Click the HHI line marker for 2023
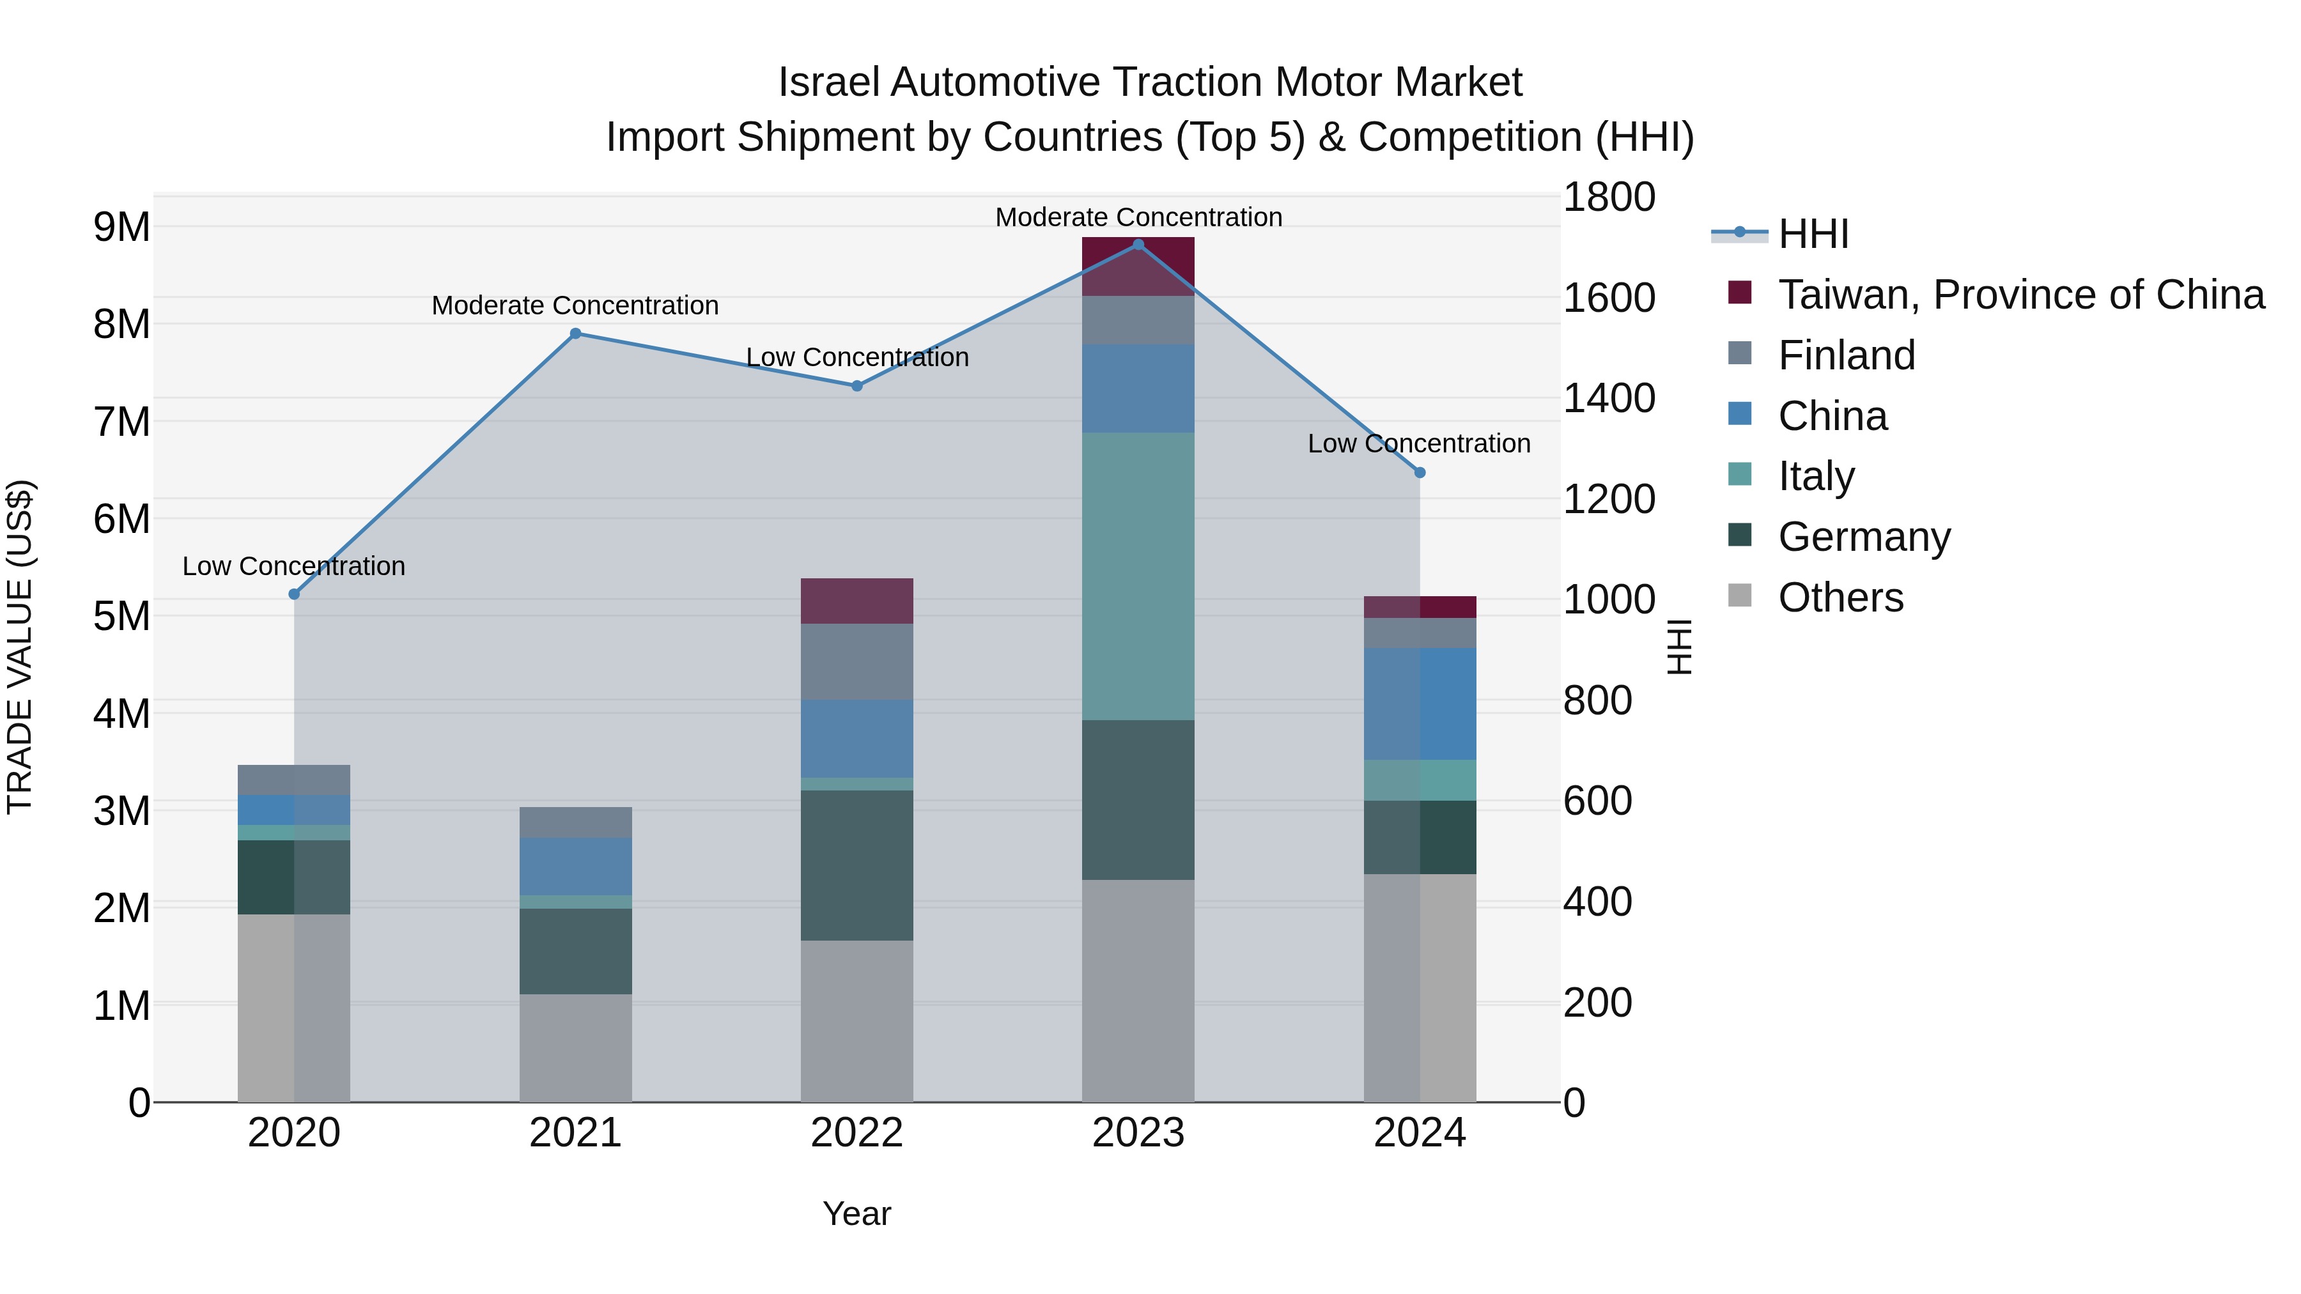[1138, 245]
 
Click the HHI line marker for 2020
[294, 594]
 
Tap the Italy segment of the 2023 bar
[1138, 576]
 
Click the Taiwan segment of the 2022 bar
[856, 601]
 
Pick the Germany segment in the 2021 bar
[575, 951]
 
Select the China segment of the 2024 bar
[1420, 704]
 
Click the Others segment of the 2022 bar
[856, 1021]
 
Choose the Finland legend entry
[1845, 355]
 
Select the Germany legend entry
[1863, 537]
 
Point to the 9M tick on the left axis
[121, 227]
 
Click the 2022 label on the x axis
[856, 1133]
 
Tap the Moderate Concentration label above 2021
[575, 305]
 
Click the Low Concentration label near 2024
[1418, 444]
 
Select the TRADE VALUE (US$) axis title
[20, 647]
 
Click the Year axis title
[856, 1213]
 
